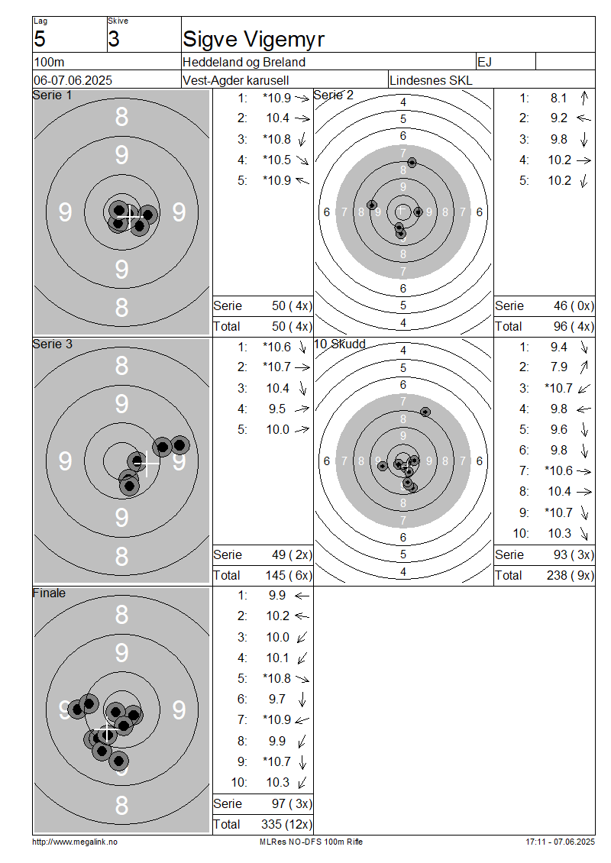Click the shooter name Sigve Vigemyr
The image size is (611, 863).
(x=254, y=40)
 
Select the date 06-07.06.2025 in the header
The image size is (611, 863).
(x=73, y=80)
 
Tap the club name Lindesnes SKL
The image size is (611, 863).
(x=431, y=80)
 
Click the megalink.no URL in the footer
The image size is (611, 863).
(x=75, y=842)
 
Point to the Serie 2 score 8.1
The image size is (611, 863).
(x=558, y=98)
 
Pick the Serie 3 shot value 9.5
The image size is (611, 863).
(x=277, y=409)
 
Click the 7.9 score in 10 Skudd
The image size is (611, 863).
(x=558, y=367)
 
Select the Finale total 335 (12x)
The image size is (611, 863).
(x=286, y=825)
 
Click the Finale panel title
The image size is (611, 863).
(x=49, y=593)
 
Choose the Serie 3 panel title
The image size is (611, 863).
(x=52, y=344)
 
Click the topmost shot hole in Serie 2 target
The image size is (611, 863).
(x=412, y=163)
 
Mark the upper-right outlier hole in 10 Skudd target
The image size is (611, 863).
(x=425, y=412)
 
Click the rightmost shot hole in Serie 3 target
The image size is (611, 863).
(x=179, y=444)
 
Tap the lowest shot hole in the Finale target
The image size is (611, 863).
(x=118, y=761)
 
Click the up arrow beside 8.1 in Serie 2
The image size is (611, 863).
(x=584, y=98)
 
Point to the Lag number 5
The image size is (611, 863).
(x=40, y=39)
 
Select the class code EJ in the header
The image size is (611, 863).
(x=484, y=62)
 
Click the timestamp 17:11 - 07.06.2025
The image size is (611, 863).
(x=560, y=842)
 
